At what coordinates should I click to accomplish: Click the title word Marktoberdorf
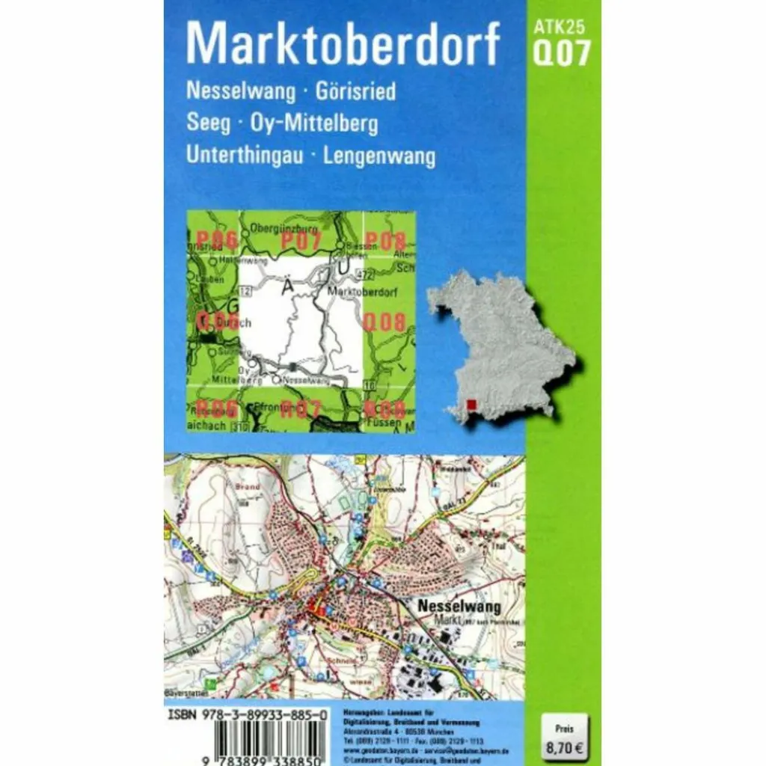(x=342, y=46)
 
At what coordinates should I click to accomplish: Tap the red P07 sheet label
(x=301, y=240)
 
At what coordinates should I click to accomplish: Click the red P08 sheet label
(x=386, y=240)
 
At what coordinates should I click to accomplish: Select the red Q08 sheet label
(x=384, y=323)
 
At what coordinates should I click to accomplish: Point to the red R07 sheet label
(x=301, y=409)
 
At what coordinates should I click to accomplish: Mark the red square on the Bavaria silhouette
(x=471, y=406)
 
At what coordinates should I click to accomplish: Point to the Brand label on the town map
(x=248, y=486)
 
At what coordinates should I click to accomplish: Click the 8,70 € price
(x=565, y=745)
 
